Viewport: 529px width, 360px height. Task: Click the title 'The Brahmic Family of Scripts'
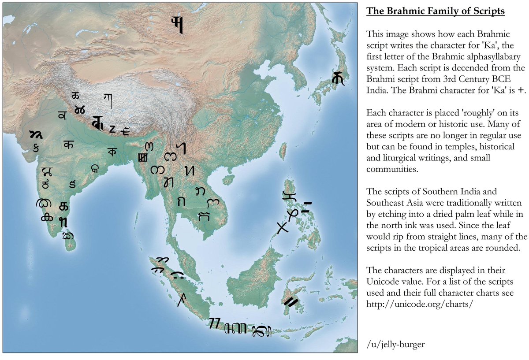(x=436, y=11)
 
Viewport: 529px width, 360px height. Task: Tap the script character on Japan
(x=339, y=78)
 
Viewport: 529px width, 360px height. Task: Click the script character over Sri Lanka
(x=67, y=236)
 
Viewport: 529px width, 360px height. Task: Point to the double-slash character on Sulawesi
(x=291, y=302)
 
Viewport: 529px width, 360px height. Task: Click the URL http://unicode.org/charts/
(x=420, y=304)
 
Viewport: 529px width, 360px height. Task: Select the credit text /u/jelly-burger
(x=395, y=345)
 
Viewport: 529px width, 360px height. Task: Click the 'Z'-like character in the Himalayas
(x=112, y=129)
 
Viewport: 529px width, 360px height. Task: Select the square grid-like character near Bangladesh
(x=142, y=157)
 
